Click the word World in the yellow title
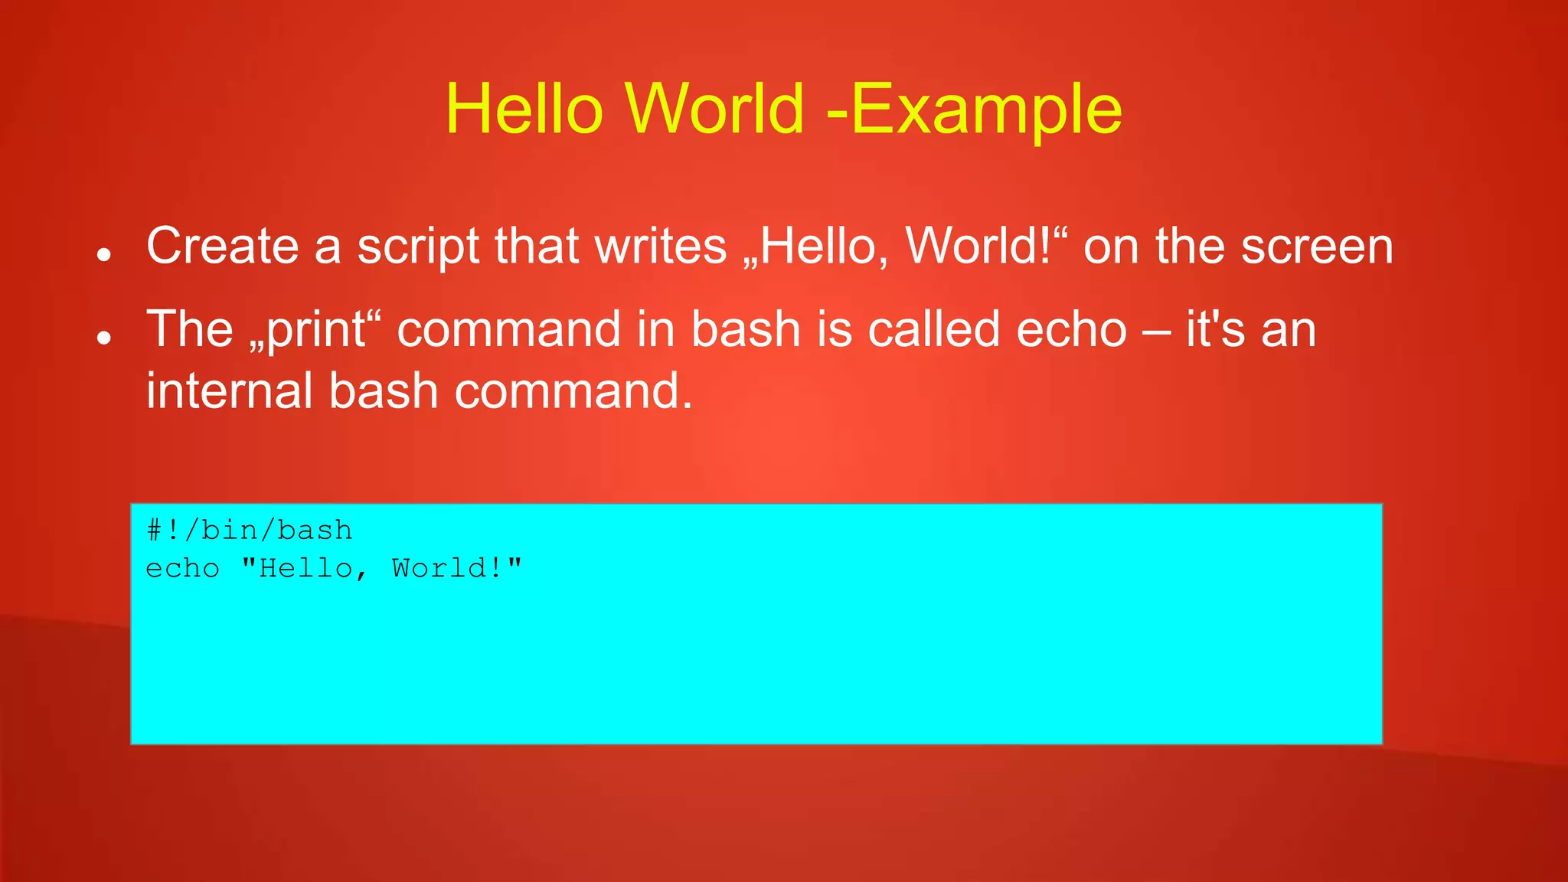click(714, 109)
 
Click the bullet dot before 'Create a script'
click(105, 255)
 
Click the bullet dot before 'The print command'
click(105, 338)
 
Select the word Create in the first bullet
click(222, 247)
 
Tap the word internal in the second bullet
click(229, 391)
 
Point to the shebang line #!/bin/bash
click(250, 531)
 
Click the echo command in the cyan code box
click(182, 569)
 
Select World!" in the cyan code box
click(456, 568)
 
